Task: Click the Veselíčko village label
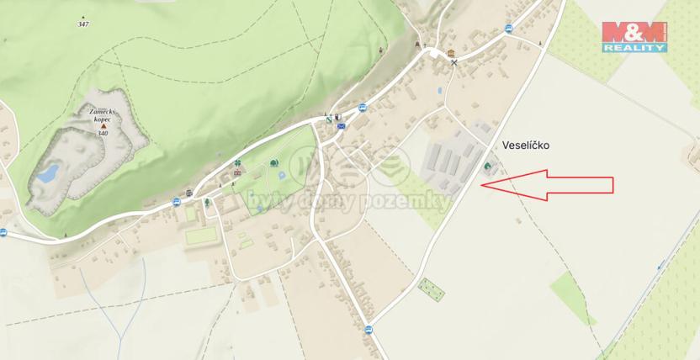526,145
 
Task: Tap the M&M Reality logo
634,37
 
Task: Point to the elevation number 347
82,24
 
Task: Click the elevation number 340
103,134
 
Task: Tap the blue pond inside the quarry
48,174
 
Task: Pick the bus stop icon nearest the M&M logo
508,28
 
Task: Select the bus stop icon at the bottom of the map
368,328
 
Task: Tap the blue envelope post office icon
342,126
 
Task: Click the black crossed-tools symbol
454,62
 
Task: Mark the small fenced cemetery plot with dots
432,290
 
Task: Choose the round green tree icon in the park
273,162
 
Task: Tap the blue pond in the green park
280,175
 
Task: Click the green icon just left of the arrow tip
487,167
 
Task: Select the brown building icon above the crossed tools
451,51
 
